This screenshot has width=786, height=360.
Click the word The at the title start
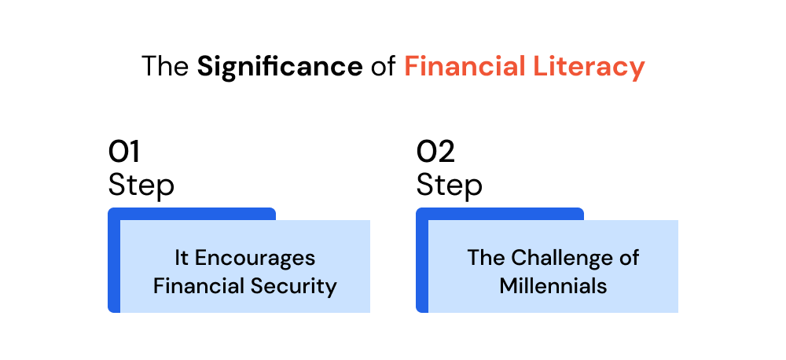click(165, 67)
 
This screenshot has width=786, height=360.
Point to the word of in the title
click(384, 67)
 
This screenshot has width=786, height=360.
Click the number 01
click(124, 152)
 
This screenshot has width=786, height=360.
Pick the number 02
click(435, 152)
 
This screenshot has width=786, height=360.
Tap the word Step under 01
click(141, 186)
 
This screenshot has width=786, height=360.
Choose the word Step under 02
click(450, 186)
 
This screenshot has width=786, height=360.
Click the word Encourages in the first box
click(255, 259)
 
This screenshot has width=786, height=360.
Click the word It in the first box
click(182, 258)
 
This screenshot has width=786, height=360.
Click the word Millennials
click(553, 286)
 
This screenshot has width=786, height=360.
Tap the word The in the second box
click(487, 258)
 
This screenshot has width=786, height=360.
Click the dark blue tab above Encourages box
click(192, 214)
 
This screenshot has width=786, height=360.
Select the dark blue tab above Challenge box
click(500, 214)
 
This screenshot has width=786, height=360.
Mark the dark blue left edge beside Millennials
click(422, 266)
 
